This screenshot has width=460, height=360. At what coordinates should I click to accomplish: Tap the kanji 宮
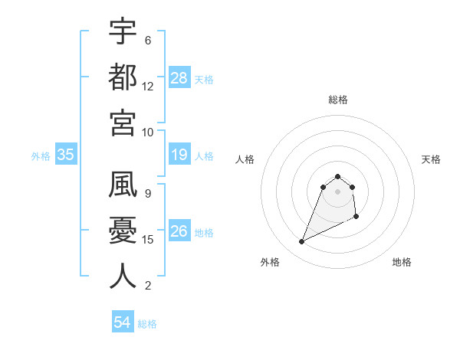point(123,122)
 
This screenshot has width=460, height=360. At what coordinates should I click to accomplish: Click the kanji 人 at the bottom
point(123,276)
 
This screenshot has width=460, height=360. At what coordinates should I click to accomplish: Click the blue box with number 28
point(179,78)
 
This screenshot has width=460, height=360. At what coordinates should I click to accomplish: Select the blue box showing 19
point(179,155)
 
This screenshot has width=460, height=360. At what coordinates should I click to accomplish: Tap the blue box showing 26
point(179,231)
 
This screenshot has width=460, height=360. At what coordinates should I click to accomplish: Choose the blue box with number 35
point(66,155)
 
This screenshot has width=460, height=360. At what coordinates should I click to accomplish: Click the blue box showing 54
point(123,323)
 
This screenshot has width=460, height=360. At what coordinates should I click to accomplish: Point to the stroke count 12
point(148,86)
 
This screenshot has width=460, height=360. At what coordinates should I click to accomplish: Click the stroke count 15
point(148,240)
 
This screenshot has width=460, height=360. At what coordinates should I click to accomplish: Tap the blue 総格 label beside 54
point(147,324)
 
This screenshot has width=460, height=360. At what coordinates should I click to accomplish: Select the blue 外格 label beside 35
point(41,156)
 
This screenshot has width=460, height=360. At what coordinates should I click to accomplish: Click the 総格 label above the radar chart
point(338,100)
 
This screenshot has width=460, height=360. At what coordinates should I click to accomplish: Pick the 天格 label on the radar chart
point(431,159)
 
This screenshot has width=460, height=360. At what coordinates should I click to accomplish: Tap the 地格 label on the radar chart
point(402,262)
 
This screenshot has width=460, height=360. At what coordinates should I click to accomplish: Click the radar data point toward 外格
point(302,242)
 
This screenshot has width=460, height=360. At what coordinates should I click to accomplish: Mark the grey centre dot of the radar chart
point(338,191)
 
